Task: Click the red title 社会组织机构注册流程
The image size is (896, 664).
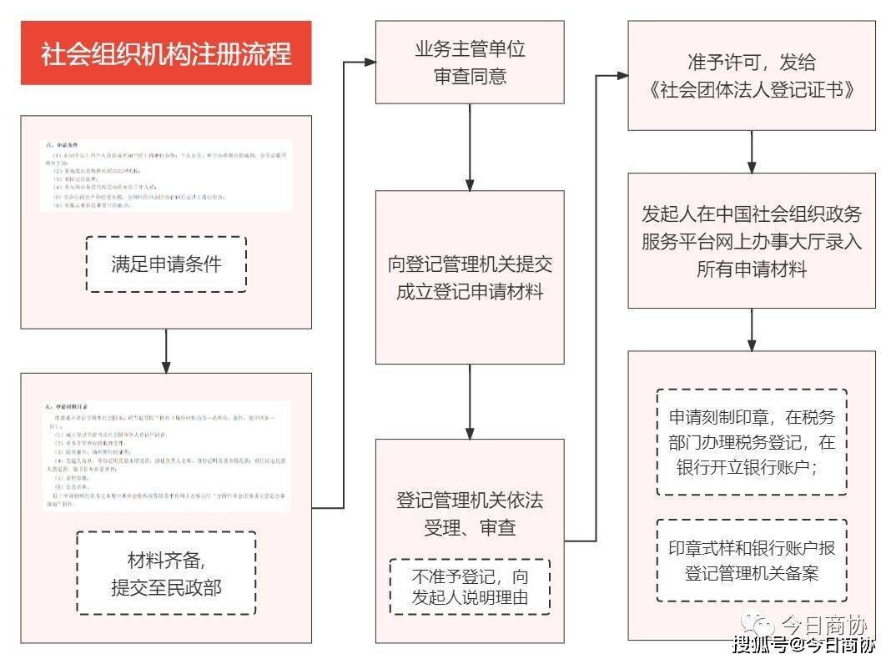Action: pos(166,53)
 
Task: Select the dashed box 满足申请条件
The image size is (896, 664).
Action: pos(166,264)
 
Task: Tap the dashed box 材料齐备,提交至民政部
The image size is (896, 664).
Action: pos(166,573)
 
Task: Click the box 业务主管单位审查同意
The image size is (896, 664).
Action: pos(470,63)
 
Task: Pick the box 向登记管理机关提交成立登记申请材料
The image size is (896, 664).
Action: pos(470,277)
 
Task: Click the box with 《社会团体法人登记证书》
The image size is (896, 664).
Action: pos(752,76)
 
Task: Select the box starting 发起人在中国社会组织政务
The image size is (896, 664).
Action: pos(752,240)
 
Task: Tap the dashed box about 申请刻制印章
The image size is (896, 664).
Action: pos(751,442)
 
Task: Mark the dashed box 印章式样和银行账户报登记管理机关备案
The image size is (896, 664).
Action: pos(751,560)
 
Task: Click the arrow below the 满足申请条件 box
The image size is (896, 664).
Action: pos(166,350)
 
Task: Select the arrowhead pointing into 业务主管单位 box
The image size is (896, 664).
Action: pos(368,61)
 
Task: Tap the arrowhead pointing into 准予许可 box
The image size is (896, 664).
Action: pos(621,75)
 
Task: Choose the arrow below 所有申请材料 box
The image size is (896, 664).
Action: pos(752,329)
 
